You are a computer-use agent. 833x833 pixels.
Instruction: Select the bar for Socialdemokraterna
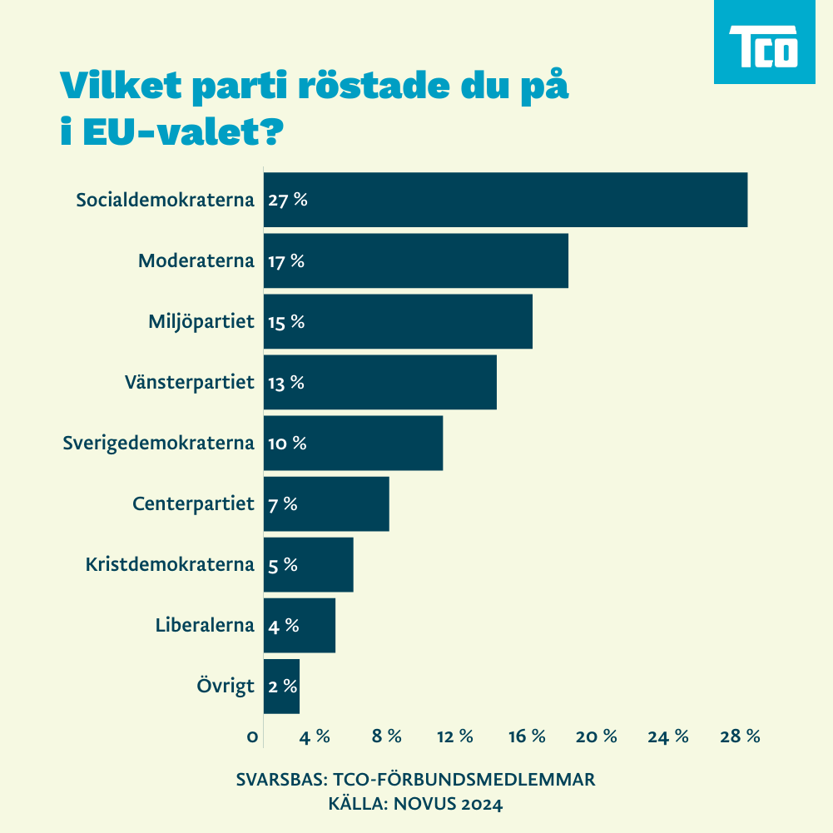[505, 200]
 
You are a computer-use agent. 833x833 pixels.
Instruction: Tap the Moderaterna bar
[415, 260]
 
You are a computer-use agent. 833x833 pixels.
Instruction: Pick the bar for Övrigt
[281, 687]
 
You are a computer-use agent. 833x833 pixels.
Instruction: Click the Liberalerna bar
[299, 626]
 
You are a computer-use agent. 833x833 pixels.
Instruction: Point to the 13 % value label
[285, 383]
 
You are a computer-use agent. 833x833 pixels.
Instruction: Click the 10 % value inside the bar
[287, 444]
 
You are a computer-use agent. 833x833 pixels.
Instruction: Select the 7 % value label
[282, 504]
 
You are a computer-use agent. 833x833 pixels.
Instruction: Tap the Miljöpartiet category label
[201, 321]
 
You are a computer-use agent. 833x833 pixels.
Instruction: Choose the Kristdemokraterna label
[169, 564]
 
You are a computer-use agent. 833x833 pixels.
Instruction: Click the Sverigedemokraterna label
[158, 443]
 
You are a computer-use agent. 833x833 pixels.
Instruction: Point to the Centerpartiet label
[193, 503]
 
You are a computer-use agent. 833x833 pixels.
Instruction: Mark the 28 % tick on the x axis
[741, 736]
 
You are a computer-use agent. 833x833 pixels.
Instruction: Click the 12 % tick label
[454, 736]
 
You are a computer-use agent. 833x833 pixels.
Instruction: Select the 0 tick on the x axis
[252, 736]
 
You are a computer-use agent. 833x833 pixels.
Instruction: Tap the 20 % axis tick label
[597, 736]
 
